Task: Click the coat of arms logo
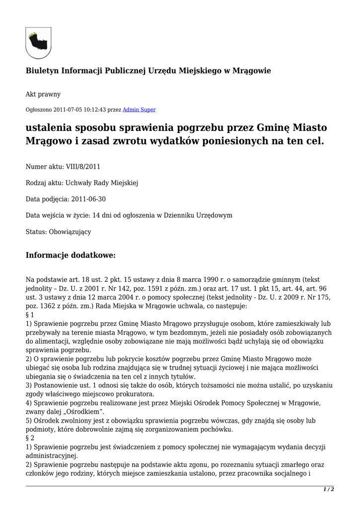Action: tap(38, 43)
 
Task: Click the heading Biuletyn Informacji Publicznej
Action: tap(148, 71)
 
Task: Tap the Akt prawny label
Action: tap(43, 94)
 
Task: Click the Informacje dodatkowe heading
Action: tap(71, 255)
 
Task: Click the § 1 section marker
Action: tap(30, 315)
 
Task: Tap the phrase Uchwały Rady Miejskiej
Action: tap(102, 183)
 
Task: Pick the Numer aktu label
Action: tap(44, 167)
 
